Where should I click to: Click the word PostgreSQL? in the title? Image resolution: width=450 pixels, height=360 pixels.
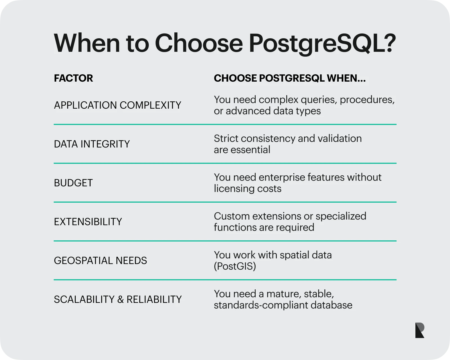pyautogui.click(x=322, y=43)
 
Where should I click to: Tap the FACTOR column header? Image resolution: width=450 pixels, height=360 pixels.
pyautogui.click(x=73, y=78)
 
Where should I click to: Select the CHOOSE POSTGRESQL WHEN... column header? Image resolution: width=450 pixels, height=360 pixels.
pyautogui.click(x=290, y=78)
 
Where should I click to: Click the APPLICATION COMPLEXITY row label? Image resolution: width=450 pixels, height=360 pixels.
pyautogui.click(x=118, y=105)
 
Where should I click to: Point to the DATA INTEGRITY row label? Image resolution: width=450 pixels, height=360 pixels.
pyautogui.click(x=92, y=144)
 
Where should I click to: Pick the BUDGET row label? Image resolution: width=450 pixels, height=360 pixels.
pyautogui.click(x=73, y=183)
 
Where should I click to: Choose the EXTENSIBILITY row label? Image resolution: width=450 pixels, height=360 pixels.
pyautogui.click(x=88, y=222)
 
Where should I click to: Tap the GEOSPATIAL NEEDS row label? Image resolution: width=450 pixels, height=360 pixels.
pyautogui.click(x=100, y=261)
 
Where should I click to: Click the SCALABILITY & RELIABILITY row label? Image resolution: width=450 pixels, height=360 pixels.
pyautogui.click(x=118, y=299)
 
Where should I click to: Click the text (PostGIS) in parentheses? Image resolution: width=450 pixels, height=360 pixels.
pyautogui.click(x=235, y=266)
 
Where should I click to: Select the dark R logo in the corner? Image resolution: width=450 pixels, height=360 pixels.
pyautogui.click(x=420, y=330)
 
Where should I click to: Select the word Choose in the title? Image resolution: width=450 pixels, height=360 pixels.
pyautogui.click(x=199, y=43)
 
